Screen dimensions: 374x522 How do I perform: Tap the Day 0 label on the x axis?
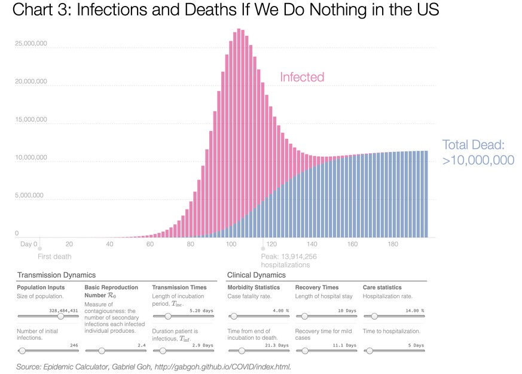28,244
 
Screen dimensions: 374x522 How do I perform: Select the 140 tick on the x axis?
312,244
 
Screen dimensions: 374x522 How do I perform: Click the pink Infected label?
302,77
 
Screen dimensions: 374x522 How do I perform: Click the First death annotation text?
54,257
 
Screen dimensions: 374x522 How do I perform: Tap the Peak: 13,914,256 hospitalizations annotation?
289,260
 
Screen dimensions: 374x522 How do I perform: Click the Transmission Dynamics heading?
56,275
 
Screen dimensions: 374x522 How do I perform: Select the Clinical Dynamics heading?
256,275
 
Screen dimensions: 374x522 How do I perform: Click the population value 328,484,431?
63,311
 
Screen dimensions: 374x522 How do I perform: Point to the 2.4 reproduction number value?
142,345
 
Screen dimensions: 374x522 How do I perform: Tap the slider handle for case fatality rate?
234,316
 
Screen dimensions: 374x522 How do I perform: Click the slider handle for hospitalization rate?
374,316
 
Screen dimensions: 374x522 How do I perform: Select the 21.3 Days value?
277,345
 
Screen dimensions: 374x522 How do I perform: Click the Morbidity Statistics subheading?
254,288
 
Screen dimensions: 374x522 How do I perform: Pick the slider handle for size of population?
60,316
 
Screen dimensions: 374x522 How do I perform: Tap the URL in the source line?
222,366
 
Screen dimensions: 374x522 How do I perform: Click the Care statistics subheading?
382,288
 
